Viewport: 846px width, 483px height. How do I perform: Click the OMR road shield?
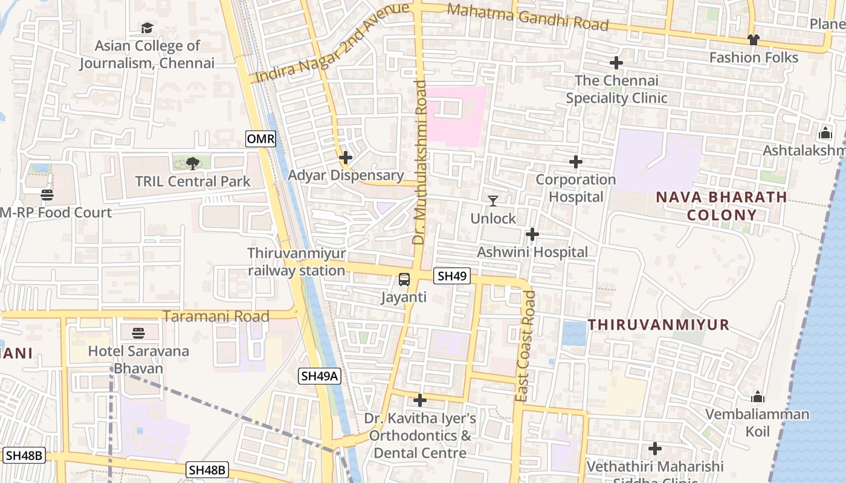tap(261, 139)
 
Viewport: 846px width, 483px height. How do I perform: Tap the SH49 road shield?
tap(452, 276)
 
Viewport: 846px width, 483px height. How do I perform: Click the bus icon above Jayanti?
tap(404, 280)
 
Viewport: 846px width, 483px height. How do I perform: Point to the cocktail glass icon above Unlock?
tap(493, 200)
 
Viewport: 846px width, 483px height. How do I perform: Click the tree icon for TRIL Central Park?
tap(193, 162)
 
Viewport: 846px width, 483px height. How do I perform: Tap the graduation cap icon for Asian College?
tap(147, 28)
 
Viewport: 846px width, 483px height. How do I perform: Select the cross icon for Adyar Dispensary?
tap(346, 158)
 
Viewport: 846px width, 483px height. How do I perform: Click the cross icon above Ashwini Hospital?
tap(532, 234)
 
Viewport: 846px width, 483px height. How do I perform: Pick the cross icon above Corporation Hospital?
tap(576, 161)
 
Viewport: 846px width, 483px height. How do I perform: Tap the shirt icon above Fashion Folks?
tap(753, 40)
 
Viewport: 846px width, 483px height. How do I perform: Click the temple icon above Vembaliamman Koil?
tap(758, 397)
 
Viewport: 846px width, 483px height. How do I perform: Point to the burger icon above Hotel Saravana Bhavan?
tap(138, 333)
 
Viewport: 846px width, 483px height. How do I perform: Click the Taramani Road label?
tap(216, 316)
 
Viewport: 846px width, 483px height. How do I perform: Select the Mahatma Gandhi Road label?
tap(528, 17)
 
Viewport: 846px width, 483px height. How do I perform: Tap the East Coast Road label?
tap(526, 347)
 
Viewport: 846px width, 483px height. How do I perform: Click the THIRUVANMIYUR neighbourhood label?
tap(659, 325)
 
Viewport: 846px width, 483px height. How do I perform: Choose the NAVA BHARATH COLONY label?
tap(722, 206)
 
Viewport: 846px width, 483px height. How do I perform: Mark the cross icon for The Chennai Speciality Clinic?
tap(616, 63)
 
